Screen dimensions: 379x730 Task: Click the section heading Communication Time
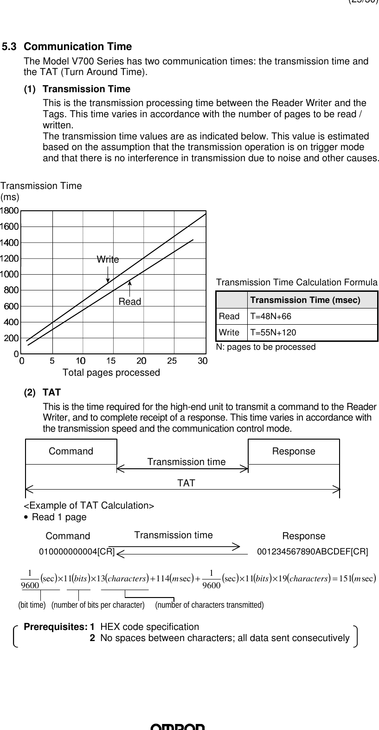(x=77, y=47)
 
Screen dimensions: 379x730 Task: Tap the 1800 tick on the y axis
(x=10, y=211)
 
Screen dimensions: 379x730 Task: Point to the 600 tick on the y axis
(x=11, y=306)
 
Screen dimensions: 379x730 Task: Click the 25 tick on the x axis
(x=172, y=360)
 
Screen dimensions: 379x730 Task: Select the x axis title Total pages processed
(x=111, y=372)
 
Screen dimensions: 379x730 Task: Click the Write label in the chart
(x=108, y=259)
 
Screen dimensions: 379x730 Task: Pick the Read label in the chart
(x=130, y=302)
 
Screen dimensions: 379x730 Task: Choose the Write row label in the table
(x=229, y=333)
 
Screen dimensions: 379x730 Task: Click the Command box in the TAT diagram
(x=71, y=451)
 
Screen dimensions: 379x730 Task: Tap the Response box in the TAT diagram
(x=294, y=451)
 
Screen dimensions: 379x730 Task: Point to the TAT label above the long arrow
(x=186, y=483)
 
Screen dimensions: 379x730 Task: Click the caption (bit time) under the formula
(x=32, y=605)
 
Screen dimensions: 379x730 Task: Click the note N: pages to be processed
(x=266, y=347)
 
